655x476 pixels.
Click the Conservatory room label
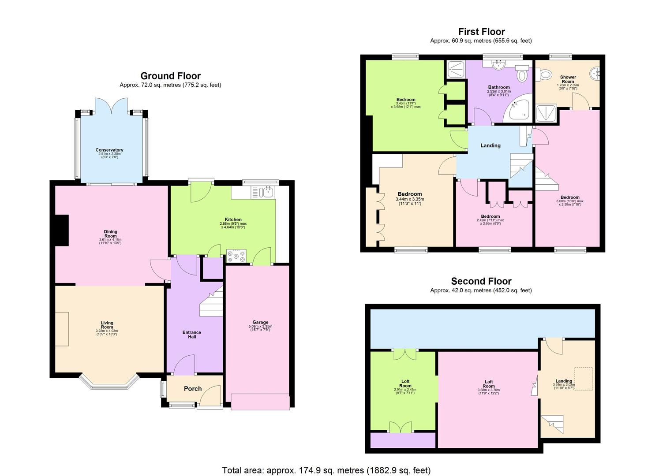(x=109, y=150)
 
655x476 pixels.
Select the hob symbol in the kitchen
(x=236, y=256)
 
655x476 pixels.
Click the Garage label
(x=260, y=322)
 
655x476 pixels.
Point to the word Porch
(x=193, y=389)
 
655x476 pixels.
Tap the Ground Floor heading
(x=170, y=76)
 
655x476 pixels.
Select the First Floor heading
(x=481, y=32)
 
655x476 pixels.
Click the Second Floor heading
(x=481, y=281)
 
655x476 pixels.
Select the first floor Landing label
(x=490, y=145)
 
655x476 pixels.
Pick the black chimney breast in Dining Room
(x=62, y=230)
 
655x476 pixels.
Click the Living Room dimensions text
(x=107, y=332)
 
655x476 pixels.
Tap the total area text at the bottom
(x=326, y=470)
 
